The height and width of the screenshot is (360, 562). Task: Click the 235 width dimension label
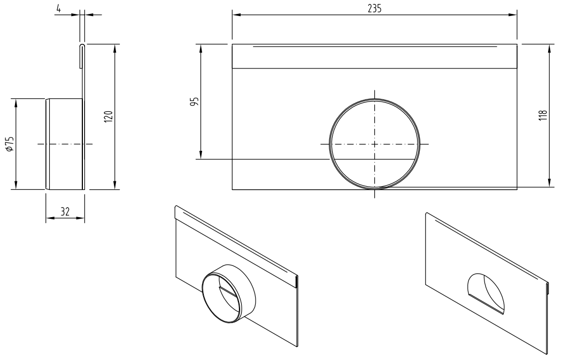374,9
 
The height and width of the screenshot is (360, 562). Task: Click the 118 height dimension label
543,116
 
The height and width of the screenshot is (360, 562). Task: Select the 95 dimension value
195,102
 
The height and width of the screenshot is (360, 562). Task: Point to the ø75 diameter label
9,143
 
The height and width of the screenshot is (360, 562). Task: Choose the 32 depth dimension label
65,212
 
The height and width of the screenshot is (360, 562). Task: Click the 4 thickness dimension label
58,8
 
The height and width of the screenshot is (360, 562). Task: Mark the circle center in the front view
374,144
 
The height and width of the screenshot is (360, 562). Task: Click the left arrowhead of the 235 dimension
236,14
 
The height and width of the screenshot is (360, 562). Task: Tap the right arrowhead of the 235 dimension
513,14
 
